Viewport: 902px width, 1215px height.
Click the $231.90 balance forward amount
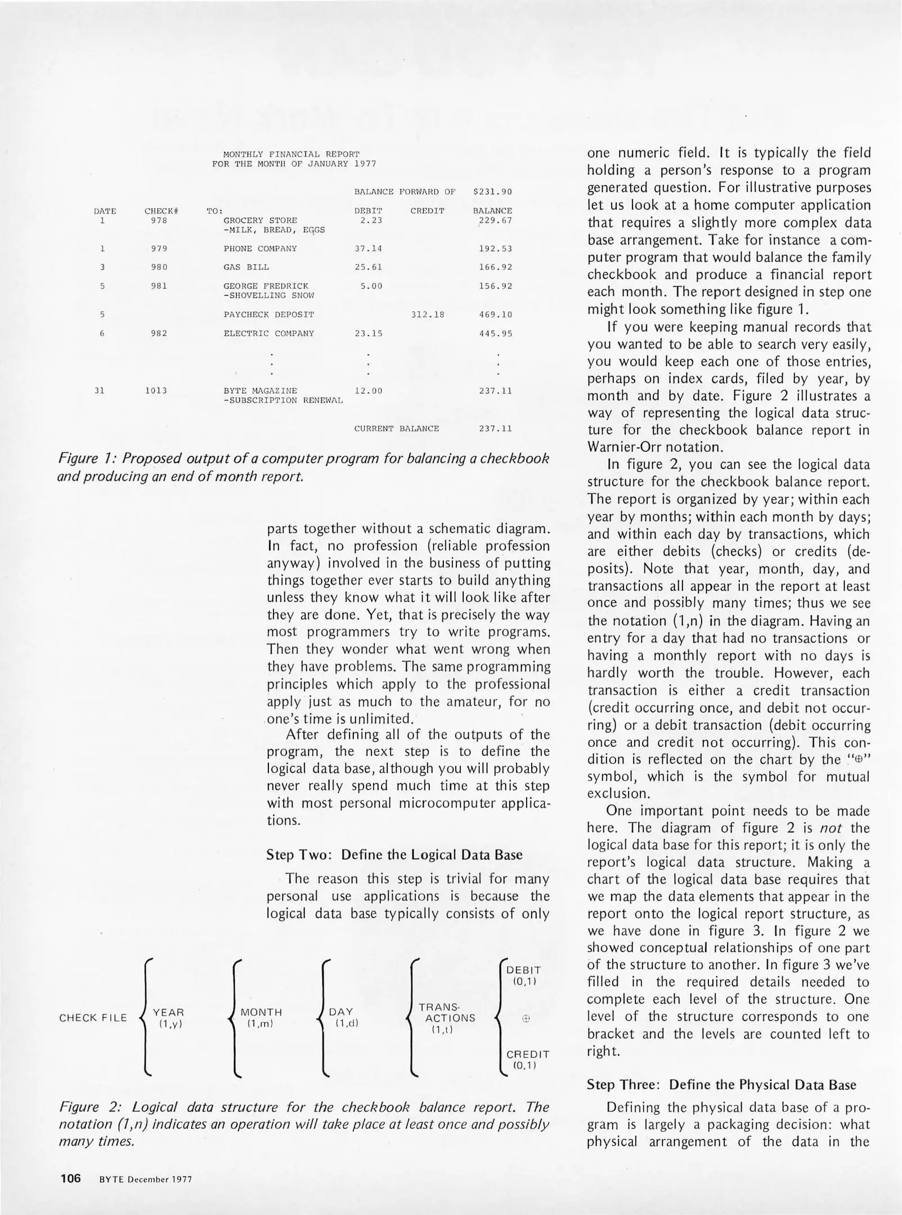pyautogui.click(x=492, y=192)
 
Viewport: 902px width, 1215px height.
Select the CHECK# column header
pyautogui.click(x=161, y=211)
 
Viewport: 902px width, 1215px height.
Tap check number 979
pyautogui.click(x=159, y=249)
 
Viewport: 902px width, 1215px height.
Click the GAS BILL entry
pyautogui.click(x=246, y=267)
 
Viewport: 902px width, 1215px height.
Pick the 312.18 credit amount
pyautogui.click(x=428, y=314)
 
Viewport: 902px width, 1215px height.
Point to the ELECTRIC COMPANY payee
pyautogui.click(x=268, y=334)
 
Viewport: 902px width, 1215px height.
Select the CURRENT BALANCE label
pyautogui.click(x=396, y=429)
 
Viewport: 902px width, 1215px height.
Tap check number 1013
pyautogui.click(x=156, y=390)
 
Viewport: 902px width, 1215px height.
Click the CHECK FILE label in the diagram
pyautogui.click(x=93, y=1018)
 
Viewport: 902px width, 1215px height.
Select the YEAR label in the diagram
pyautogui.click(x=168, y=1012)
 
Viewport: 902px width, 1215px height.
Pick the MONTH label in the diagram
pyautogui.click(x=261, y=1012)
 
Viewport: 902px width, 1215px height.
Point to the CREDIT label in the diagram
pyautogui.click(x=527, y=1054)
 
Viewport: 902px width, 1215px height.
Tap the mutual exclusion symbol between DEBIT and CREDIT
pyautogui.click(x=526, y=1018)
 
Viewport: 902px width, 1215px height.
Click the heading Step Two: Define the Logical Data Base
pyautogui.click(x=394, y=854)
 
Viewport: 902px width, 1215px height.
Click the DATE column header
pyautogui.click(x=105, y=211)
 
